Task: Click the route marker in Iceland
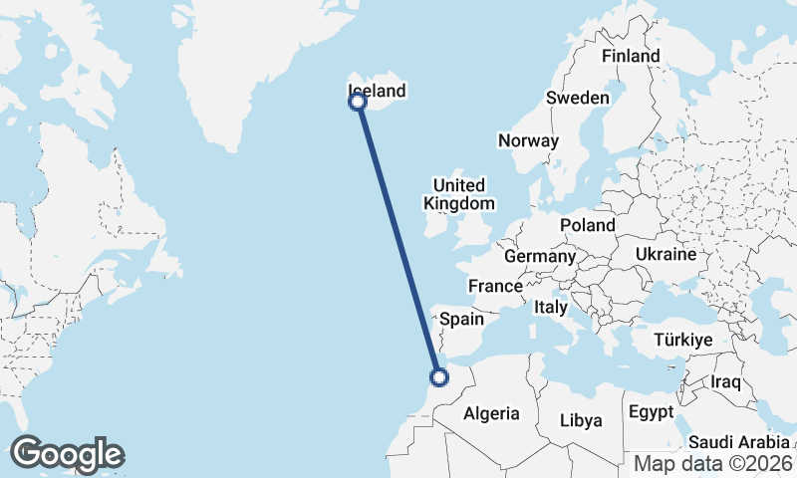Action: (x=357, y=101)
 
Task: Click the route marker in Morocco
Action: (x=438, y=376)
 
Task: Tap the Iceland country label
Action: (x=378, y=91)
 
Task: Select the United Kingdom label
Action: (x=458, y=194)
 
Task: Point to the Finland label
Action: (x=631, y=56)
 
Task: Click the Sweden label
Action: (x=577, y=98)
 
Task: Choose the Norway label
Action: (x=528, y=140)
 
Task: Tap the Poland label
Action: (x=587, y=226)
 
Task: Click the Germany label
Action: (x=540, y=257)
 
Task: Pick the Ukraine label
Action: (x=664, y=254)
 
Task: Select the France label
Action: (x=496, y=286)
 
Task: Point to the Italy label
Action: (x=550, y=308)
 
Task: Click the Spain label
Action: (x=461, y=320)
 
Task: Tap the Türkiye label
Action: (x=683, y=341)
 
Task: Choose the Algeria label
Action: (x=492, y=412)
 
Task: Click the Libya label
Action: (x=581, y=420)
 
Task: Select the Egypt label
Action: (x=652, y=411)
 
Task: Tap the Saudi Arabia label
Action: (x=738, y=442)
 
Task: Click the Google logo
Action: (x=67, y=454)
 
